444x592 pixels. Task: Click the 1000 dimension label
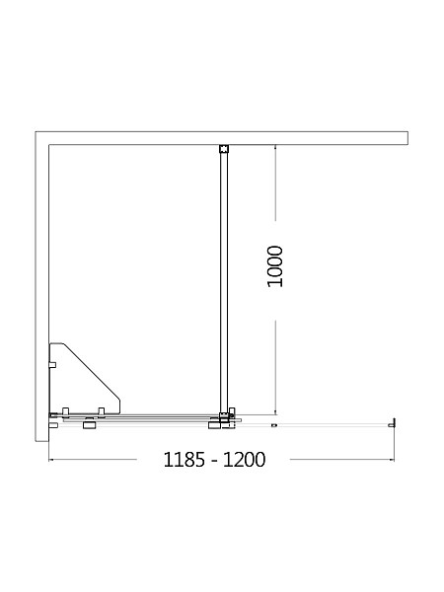[275, 266]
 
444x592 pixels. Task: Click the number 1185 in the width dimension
[185, 460]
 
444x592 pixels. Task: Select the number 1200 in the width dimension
[244, 460]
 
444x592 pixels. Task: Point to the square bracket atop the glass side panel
[224, 148]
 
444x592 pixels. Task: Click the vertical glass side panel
[224, 282]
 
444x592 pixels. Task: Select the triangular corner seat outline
[85, 379]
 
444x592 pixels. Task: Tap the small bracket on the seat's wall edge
[53, 365]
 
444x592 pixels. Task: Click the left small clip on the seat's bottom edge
[65, 411]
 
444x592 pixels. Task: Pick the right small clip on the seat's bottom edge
[101, 411]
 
